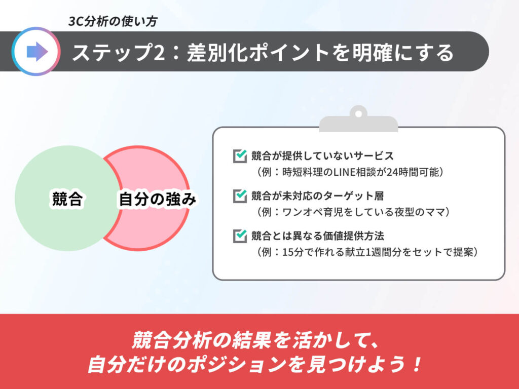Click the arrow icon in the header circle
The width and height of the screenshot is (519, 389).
pyautogui.click(x=37, y=51)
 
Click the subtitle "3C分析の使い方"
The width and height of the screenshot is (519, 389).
pyautogui.click(x=113, y=21)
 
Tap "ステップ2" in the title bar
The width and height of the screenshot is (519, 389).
pyautogui.click(x=119, y=52)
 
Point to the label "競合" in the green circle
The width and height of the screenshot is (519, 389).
pyautogui.click(x=67, y=199)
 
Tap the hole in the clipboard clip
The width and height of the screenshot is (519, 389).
pyautogui.click(x=358, y=114)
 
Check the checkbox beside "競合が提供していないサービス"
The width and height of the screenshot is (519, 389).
pyautogui.click(x=240, y=156)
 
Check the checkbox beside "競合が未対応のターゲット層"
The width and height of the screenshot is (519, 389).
pyautogui.click(x=240, y=196)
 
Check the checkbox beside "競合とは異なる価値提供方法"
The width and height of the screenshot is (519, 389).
pyautogui.click(x=240, y=236)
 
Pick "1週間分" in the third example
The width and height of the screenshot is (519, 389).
pyautogui.click(x=383, y=252)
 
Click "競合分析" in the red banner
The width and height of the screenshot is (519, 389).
pyautogui.click(x=171, y=340)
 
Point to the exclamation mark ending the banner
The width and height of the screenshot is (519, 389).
pyautogui.click(x=418, y=364)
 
